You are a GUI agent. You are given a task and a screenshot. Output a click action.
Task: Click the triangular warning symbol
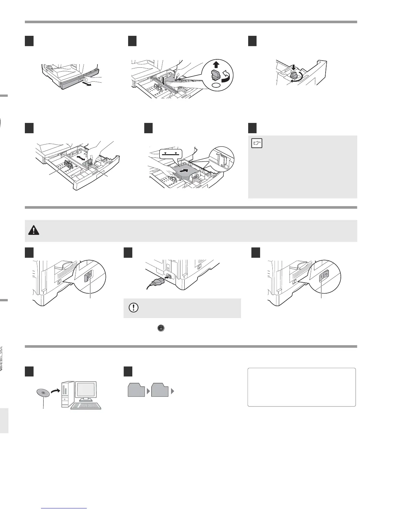pos(33,230)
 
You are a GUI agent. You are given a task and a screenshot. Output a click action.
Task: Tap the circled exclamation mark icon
pos(133,308)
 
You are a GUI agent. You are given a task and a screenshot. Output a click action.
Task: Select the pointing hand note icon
pos(257,143)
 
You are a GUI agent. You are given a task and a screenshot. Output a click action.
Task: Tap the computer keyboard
pos(86,406)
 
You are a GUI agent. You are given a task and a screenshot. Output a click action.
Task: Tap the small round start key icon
pos(162,328)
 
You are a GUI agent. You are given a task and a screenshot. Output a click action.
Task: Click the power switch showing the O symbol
pos(324,275)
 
